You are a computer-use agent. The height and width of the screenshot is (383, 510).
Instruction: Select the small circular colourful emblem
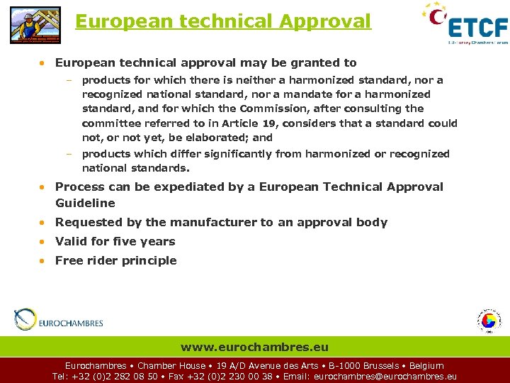pos(488,321)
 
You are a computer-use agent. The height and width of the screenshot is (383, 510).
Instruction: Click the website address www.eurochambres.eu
pos(254,348)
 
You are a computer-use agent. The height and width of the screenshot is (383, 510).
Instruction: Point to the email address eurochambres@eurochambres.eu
pos(385,377)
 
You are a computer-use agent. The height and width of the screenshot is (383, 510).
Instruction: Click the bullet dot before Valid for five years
pos(43,242)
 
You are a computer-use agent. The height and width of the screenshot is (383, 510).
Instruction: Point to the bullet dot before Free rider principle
pos(43,261)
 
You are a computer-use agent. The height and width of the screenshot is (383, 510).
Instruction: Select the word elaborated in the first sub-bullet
pos(212,138)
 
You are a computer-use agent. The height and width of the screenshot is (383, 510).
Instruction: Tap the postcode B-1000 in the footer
pos(346,366)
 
